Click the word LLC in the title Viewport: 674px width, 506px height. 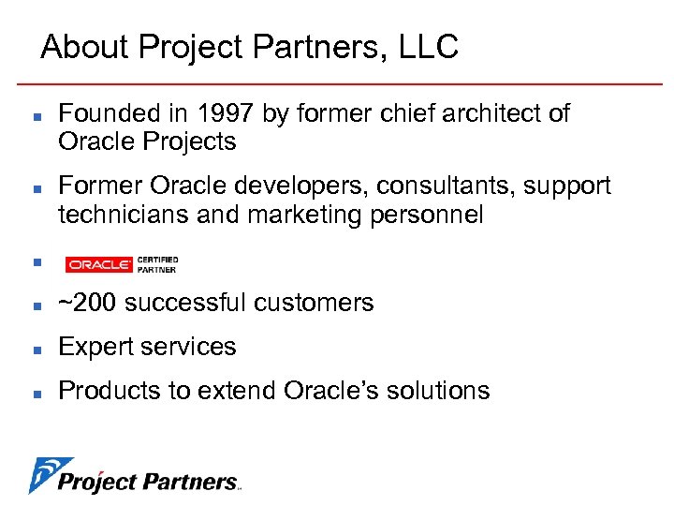click(428, 46)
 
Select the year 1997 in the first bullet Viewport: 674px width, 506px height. click(218, 114)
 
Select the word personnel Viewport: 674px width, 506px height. click(436, 215)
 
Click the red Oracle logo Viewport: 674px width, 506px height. click(98, 265)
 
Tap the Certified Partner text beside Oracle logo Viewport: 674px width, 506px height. click(156, 265)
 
